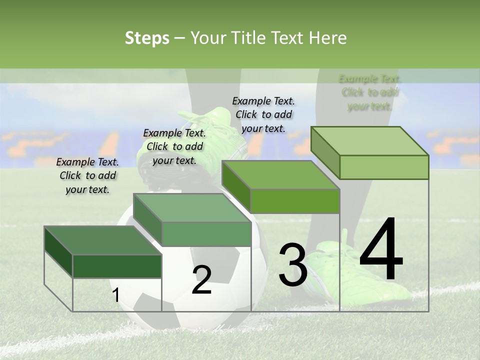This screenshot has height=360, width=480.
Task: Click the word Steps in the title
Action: tap(147, 38)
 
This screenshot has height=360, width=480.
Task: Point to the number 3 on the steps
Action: tap(293, 264)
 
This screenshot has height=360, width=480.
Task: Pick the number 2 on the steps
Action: tap(201, 279)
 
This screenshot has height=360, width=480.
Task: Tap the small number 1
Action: tap(115, 295)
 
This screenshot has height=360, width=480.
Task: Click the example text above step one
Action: tap(87, 176)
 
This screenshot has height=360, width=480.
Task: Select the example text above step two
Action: tap(174, 146)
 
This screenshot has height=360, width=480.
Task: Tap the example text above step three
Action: tap(263, 114)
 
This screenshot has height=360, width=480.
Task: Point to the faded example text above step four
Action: tap(370, 92)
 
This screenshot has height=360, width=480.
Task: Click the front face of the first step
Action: tap(117, 266)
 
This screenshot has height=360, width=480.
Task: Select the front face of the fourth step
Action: tap(384, 167)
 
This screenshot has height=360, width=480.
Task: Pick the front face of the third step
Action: tap(295, 201)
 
